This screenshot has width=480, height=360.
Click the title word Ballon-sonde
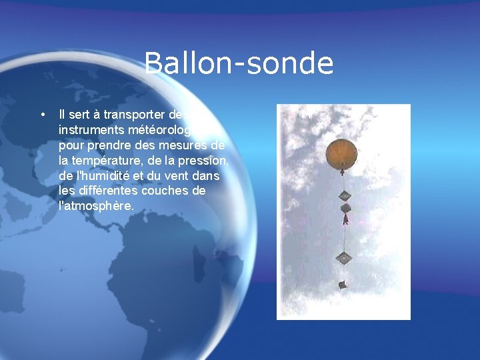[x=239, y=64]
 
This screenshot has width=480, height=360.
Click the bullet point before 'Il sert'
[x=43, y=114]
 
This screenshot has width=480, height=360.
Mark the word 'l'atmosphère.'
[x=97, y=207]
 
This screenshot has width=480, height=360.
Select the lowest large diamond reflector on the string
[x=344, y=257]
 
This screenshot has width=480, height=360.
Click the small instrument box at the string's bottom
[x=343, y=285]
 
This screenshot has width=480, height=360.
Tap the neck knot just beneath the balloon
[x=342, y=171]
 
